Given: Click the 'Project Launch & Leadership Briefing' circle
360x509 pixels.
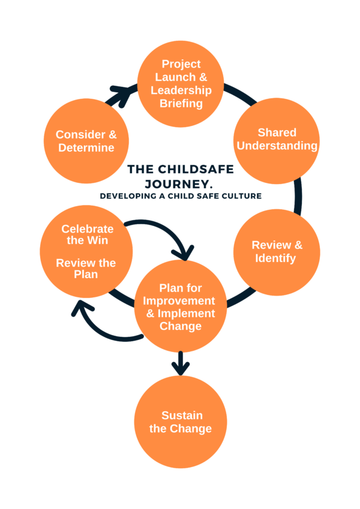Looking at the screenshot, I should point(181,83).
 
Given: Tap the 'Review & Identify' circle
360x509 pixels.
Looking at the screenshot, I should point(277,252).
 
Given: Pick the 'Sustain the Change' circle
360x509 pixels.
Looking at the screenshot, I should point(180,422).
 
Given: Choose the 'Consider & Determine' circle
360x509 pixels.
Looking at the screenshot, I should point(86,141).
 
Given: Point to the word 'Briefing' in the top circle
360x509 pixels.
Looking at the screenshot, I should point(181,103).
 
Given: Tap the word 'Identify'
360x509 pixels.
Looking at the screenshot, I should point(277,258).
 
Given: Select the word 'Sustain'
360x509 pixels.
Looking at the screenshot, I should point(182,415).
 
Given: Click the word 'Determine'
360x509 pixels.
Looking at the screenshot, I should point(86,147).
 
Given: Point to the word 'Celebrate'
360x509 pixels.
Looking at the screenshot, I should point(87,228).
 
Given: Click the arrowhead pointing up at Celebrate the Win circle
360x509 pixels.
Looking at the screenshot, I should point(80,308).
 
